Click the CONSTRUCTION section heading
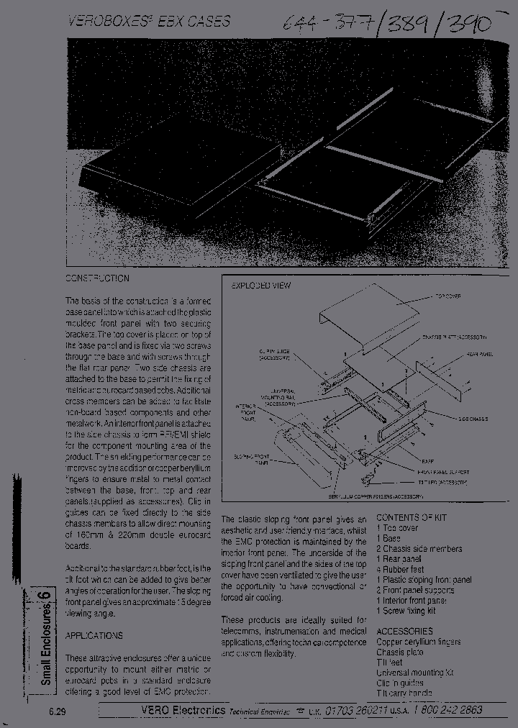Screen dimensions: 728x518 [x=98, y=278]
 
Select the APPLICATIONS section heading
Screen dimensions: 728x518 [x=94, y=635]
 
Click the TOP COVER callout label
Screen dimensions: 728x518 [x=448, y=296]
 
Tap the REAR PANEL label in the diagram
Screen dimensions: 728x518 [x=478, y=354]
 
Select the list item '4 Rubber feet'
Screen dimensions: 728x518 [x=400, y=569]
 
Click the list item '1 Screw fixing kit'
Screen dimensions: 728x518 [x=406, y=611]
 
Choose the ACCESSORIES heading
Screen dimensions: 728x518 [x=404, y=631]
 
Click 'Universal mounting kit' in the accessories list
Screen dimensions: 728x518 [x=415, y=673]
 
